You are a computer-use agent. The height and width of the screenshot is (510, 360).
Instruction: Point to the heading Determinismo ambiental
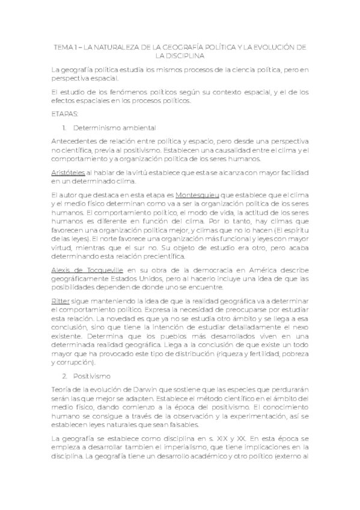tap(114, 127)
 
